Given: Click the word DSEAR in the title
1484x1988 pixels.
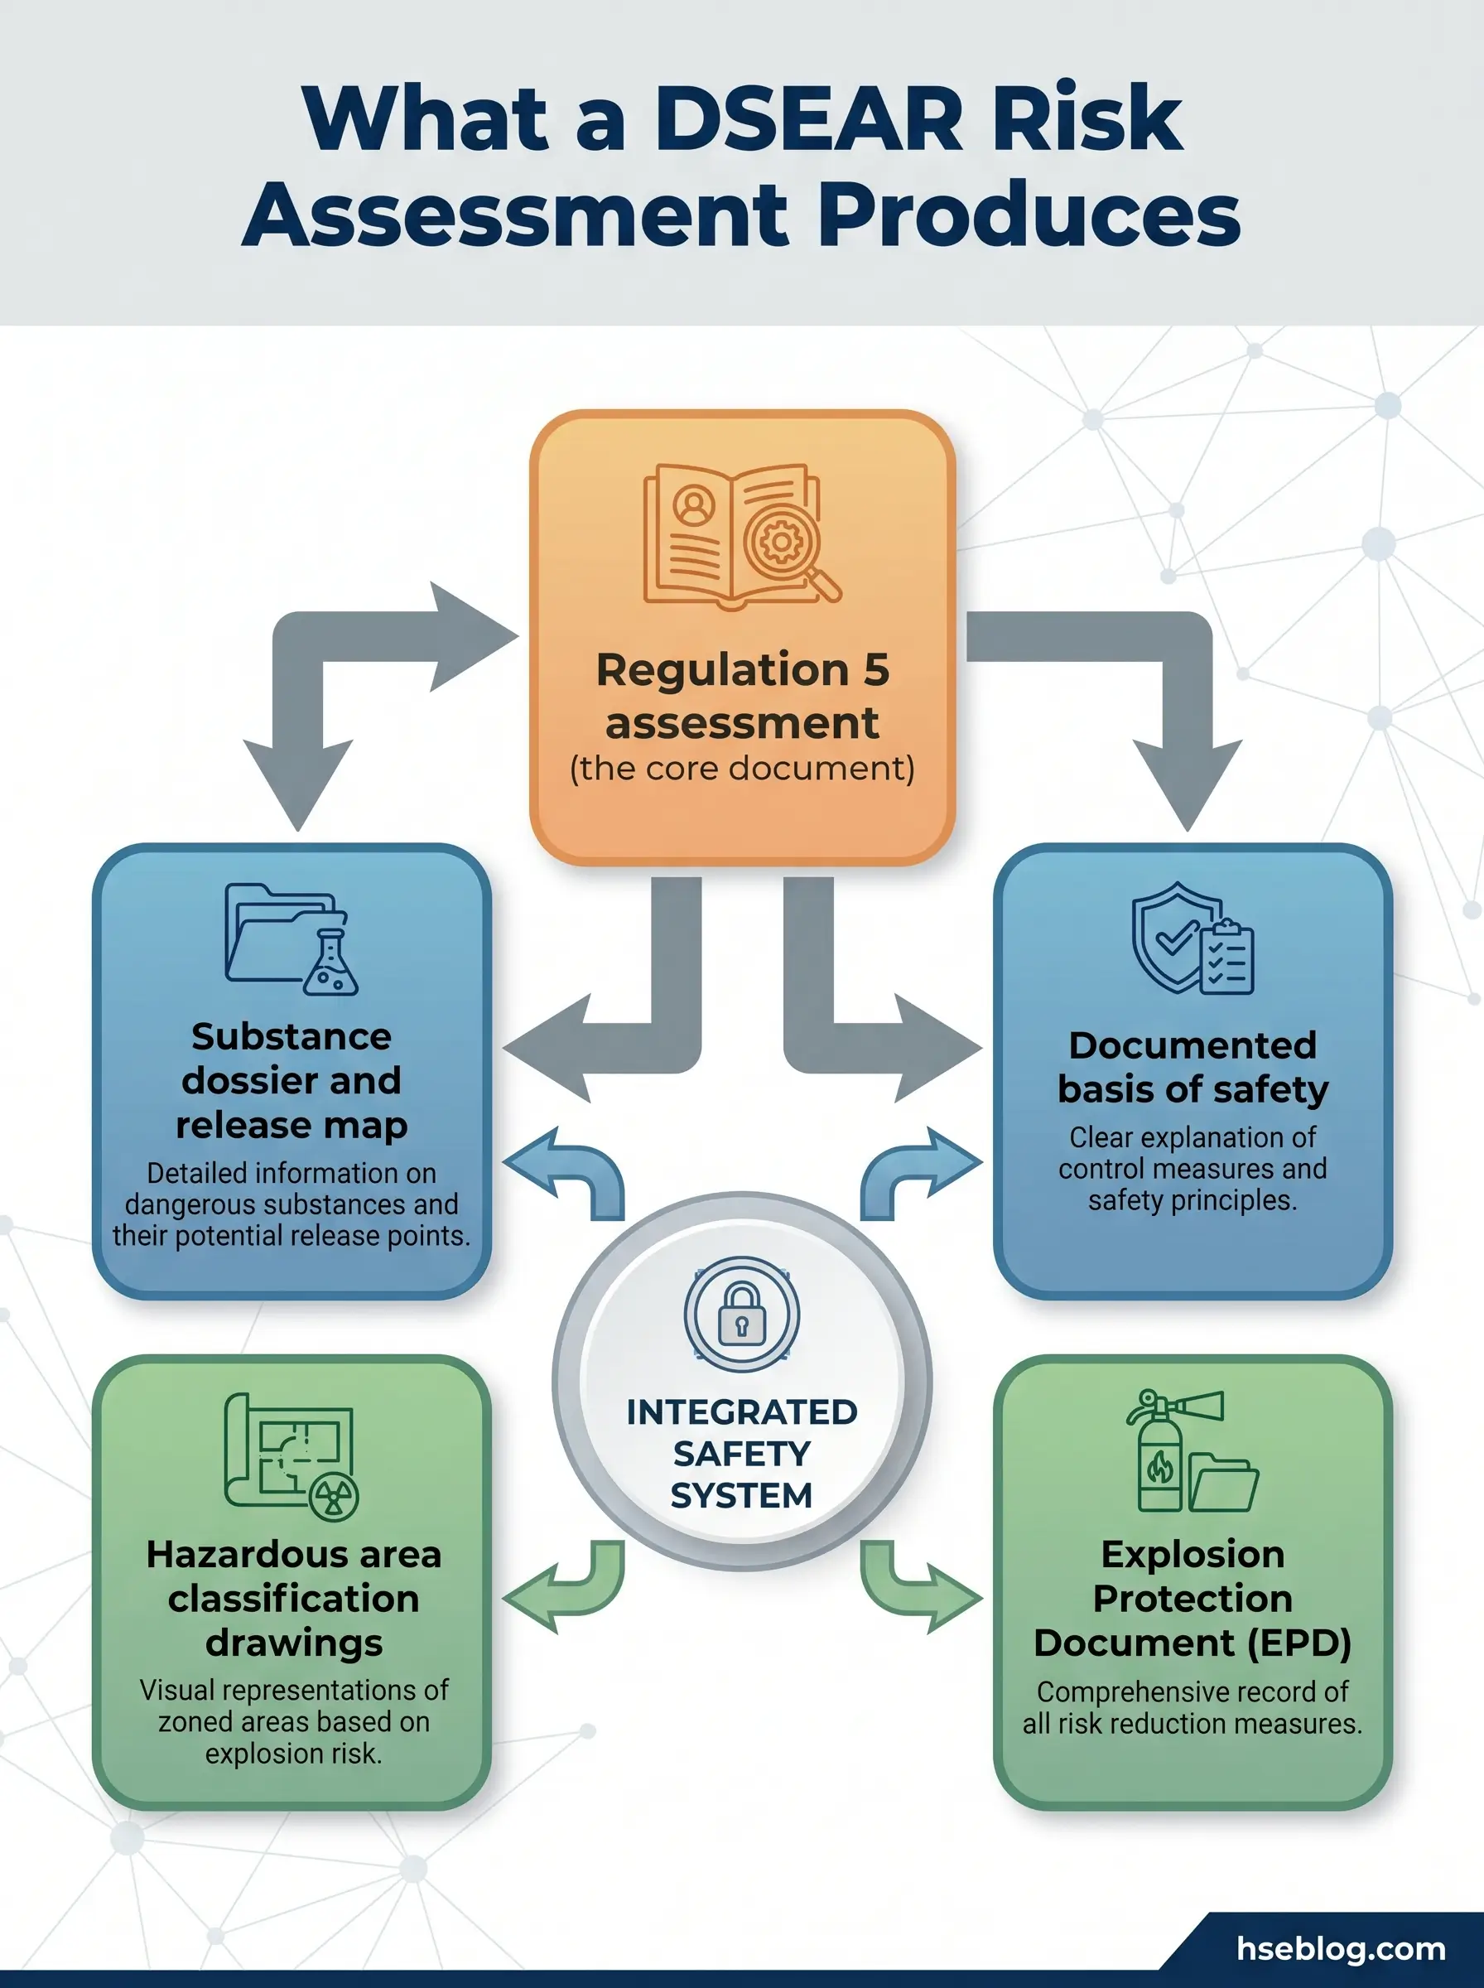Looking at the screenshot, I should pyautogui.click(x=807, y=118).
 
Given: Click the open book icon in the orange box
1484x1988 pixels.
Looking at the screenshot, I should pyautogui.click(x=741, y=534).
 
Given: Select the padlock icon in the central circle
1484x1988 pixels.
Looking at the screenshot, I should pyautogui.click(x=741, y=1315).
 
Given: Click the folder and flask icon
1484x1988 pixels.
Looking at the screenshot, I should pyautogui.click(x=291, y=939).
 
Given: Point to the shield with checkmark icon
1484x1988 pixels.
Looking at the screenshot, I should pyautogui.click(x=1192, y=939).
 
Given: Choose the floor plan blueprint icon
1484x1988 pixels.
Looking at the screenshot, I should pyautogui.click(x=291, y=1455).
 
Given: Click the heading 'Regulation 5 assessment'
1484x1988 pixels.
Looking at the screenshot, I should pyautogui.click(x=742, y=696).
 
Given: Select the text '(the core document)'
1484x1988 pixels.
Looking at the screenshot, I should pyautogui.click(x=742, y=769).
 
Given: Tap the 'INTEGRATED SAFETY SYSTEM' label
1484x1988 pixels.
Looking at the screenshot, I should pyautogui.click(x=741, y=1454).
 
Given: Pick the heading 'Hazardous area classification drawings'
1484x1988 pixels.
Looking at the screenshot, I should pyautogui.click(x=293, y=1598).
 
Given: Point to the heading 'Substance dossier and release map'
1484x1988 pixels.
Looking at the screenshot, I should pyautogui.click(x=291, y=1081).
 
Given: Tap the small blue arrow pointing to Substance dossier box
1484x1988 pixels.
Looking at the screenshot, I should pyautogui.click(x=563, y=1171).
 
